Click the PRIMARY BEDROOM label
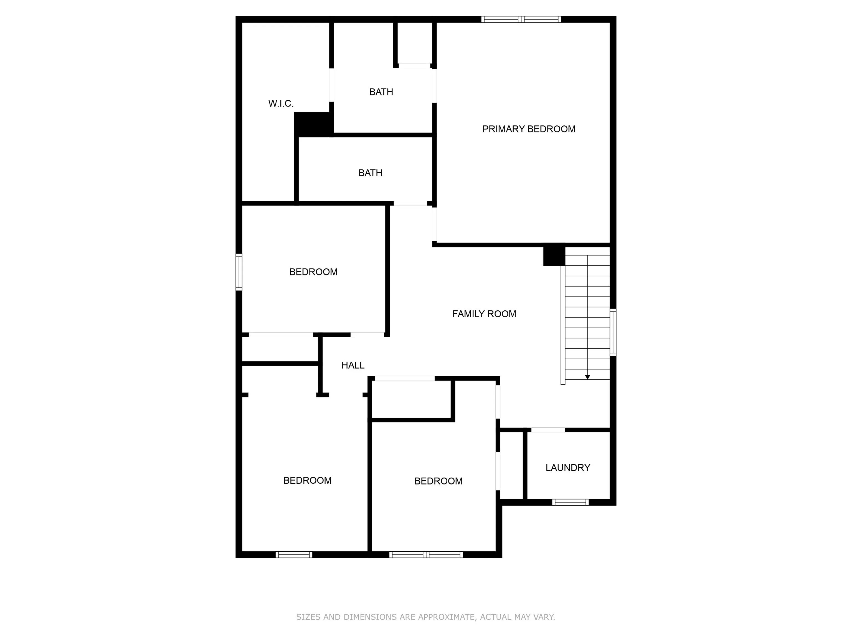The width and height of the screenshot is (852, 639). point(528,129)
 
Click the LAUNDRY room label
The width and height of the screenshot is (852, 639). point(567,468)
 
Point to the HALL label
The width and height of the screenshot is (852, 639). point(353,365)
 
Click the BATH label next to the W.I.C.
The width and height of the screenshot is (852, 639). point(381,92)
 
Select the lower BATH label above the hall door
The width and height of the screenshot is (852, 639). point(370,173)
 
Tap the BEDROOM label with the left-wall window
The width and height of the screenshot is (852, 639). point(313,272)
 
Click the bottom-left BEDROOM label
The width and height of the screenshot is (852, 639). point(307,480)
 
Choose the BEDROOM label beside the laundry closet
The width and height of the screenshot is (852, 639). point(438,481)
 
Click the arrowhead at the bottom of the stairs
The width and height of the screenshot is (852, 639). point(587,377)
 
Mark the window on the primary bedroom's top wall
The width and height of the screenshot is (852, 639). point(521,19)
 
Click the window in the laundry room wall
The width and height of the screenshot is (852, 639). point(570,502)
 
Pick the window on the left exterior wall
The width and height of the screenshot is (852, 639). point(239,272)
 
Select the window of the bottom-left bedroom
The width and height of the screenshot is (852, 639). point(294,555)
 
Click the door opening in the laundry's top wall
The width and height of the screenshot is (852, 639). point(548,430)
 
